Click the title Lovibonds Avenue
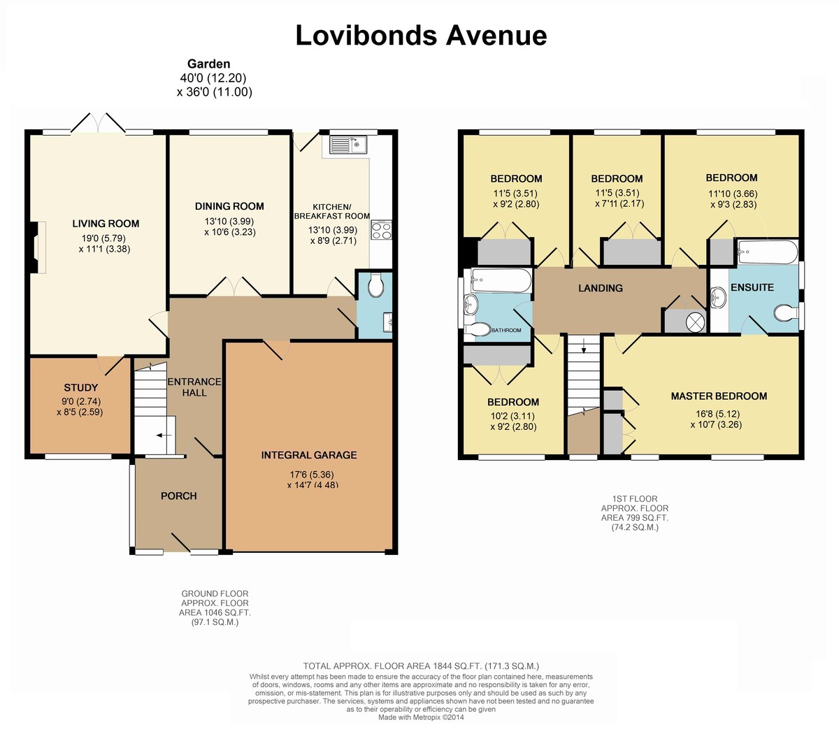point(421,35)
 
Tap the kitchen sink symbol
point(349,144)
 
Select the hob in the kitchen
point(381,230)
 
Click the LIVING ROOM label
point(106,224)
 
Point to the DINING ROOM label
point(229,206)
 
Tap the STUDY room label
point(81,387)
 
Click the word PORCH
point(179,496)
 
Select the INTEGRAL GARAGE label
point(309,455)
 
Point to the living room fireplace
point(38,247)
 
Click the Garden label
point(209,64)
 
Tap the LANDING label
point(601,288)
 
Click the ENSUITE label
point(752,287)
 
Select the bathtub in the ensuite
point(768,252)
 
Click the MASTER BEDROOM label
point(719,396)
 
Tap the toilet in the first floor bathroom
point(478,329)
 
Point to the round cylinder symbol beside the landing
point(695,321)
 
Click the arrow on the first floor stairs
point(584,346)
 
